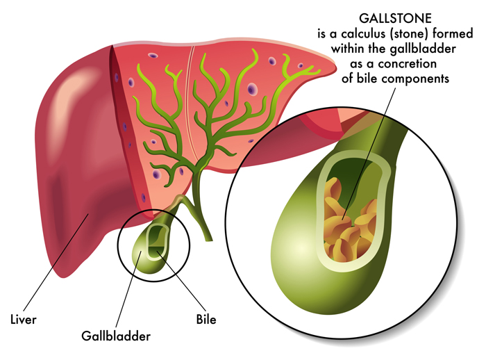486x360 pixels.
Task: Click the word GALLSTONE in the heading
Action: [395, 19]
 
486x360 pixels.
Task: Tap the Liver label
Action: [24, 320]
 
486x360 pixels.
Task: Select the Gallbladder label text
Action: [116, 336]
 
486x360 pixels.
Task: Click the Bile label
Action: [206, 320]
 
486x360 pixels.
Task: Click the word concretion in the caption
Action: [408, 64]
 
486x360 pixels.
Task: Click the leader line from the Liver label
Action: [56, 261]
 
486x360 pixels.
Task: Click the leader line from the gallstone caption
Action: [369, 154]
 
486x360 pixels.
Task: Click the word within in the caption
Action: [348, 49]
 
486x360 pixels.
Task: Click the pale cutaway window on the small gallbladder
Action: [158, 241]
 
